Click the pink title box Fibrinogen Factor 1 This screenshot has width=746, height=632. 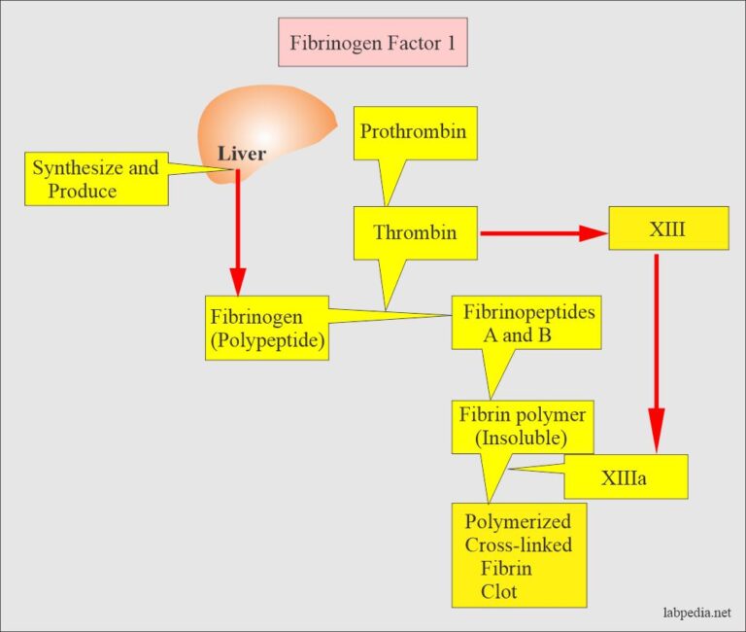[373, 43]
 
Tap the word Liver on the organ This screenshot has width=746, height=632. [241, 154]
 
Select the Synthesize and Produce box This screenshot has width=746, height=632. [95, 180]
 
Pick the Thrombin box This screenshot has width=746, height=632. [415, 232]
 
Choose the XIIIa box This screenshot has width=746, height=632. [626, 477]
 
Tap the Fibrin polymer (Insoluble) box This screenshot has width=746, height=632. [523, 426]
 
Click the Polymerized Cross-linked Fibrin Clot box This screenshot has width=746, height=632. [519, 554]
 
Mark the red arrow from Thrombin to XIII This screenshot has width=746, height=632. [539, 233]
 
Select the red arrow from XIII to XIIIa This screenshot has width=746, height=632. [657, 350]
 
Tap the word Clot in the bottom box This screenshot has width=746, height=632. [498, 590]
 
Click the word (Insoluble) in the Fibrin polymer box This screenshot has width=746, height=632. [522, 438]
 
